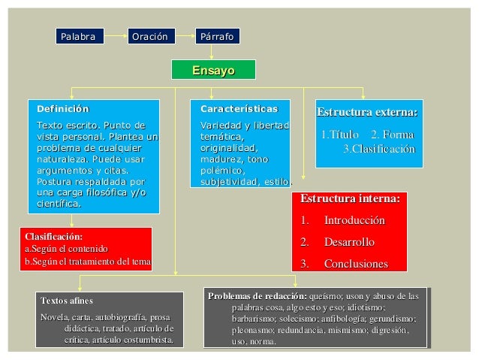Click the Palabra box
(x=78, y=36)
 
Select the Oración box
(x=149, y=36)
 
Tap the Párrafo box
(x=217, y=36)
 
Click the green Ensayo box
(x=213, y=70)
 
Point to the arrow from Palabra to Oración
(x=113, y=36)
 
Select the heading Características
(x=233, y=109)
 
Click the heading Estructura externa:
(x=367, y=113)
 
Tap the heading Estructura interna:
(x=350, y=199)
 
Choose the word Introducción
(x=354, y=221)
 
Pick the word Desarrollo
(x=348, y=242)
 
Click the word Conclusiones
(x=355, y=264)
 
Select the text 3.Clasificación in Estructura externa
(x=378, y=149)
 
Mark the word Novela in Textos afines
(x=53, y=316)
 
